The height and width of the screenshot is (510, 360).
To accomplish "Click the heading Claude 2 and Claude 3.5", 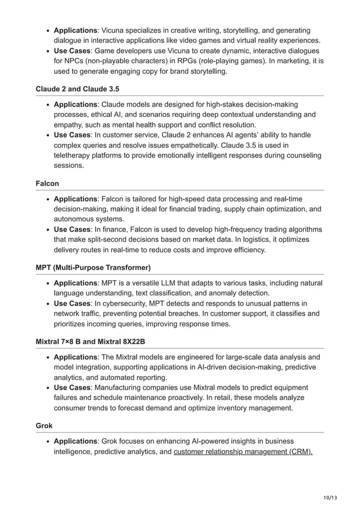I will [x=77, y=89].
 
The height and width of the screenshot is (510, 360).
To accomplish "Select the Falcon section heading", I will [x=47, y=184].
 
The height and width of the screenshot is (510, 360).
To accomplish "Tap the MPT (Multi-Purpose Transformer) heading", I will [x=93, y=267].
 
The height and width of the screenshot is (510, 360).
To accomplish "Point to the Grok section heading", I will [x=44, y=425].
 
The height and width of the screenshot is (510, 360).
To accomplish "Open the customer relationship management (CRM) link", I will [x=243, y=452].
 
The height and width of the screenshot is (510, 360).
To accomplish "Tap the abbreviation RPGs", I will [x=200, y=62].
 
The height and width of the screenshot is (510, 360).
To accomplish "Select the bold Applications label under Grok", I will [x=76, y=441].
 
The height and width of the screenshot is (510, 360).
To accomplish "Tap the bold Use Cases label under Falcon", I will [x=72, y=229].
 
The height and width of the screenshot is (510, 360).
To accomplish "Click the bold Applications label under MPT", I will [x=76, y=283].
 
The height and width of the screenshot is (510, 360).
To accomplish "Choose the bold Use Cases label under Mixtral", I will [x=72, y=387].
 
